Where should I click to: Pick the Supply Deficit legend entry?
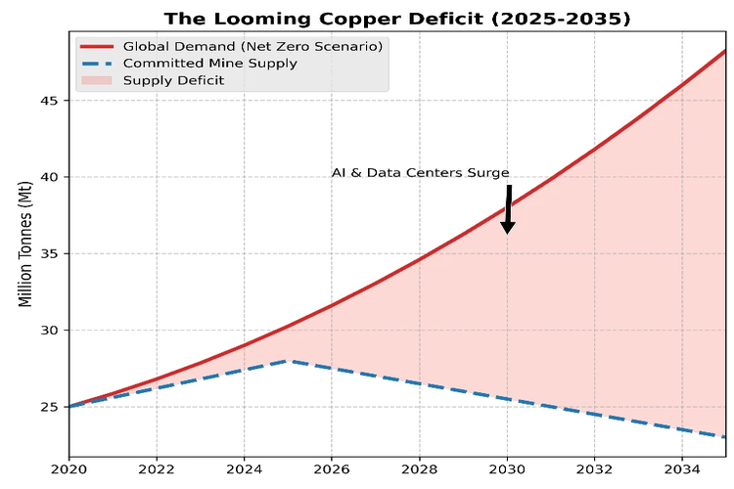tap(173, 79)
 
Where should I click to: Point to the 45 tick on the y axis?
tap(49, 101)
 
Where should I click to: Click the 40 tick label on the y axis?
tap(49, 177)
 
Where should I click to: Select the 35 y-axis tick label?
tap(49, 253)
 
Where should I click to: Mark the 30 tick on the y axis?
tap(49, 331)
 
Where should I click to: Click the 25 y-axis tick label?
tap(49, 407)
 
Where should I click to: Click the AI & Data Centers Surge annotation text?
tap(420, 173)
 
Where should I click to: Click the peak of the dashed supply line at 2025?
tap(288, 361)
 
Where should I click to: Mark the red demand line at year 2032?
tap(594, 150)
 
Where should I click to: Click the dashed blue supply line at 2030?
tap(507, 399)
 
